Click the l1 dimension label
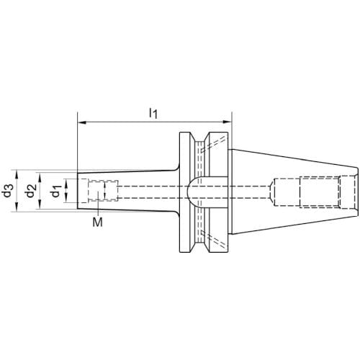(153, 113)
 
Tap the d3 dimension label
(8, 191)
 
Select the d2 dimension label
(31, 191)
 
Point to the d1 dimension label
(56, 191)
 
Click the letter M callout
(98, 222)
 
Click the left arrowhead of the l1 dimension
(82, 122)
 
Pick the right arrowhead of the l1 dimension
(227, 122)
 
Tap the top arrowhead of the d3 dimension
(17, 174)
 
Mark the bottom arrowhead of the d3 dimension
(17, 207)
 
